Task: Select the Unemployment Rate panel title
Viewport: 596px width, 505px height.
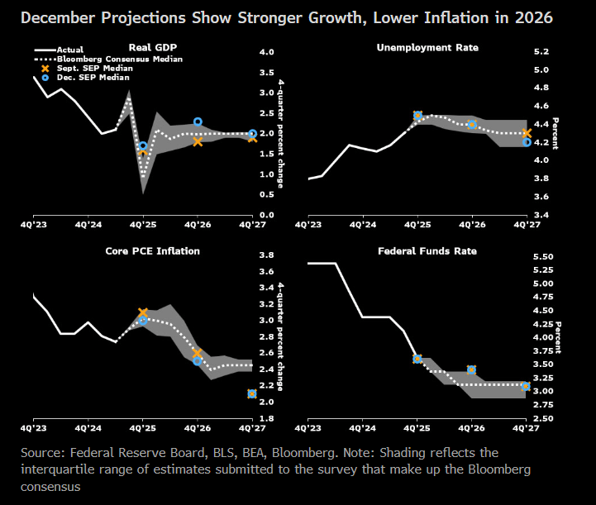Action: click(x=427, y=48)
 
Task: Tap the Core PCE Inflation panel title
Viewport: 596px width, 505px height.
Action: click(x=153, y=250)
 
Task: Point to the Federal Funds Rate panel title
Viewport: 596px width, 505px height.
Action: click(x=427, y=250)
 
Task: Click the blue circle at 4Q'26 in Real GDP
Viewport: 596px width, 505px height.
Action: click(x=198, y=122)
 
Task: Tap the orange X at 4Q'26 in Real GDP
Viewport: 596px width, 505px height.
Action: click(x=198, y=141)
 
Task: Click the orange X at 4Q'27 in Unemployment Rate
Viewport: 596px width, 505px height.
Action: click(x=527, y=133)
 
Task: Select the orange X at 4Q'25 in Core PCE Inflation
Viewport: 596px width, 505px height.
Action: click(x=143, y=312)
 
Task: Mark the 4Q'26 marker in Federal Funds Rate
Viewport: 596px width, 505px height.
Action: click(x=472, y=369)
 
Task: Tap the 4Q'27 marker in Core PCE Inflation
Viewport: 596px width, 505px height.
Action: click(x=252, y=393)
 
